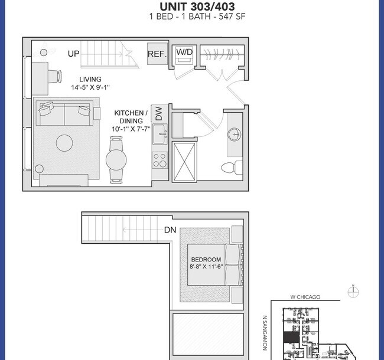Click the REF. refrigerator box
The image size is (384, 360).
click(156, 54)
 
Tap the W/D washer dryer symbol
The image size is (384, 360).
click(183, 55)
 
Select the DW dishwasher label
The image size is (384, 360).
click(158, 112)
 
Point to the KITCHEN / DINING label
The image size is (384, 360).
click(132, 116)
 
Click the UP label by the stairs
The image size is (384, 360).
click(73, 54)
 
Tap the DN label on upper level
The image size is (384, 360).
click(171, 231)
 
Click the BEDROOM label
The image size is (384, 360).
click(206, 260)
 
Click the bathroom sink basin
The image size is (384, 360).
click(235, 133)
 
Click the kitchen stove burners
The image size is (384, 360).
click(160, 160)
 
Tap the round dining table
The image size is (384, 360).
click(115, 159)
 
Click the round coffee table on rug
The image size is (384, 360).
click(64, 142)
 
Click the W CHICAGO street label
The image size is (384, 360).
click(305, 297)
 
